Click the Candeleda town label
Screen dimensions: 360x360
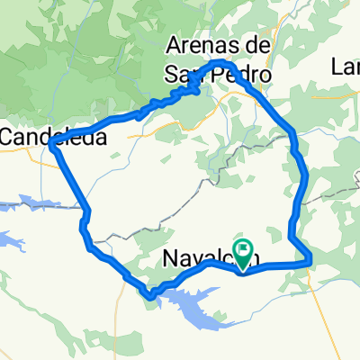(x=52, y=138)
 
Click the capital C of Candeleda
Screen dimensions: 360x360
(x=9, y=138)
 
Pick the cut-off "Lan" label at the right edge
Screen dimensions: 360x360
(x=346, y=67)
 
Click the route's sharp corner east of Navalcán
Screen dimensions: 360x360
(x=309, y=261)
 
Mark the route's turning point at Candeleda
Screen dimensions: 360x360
(x=54, y=148)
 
